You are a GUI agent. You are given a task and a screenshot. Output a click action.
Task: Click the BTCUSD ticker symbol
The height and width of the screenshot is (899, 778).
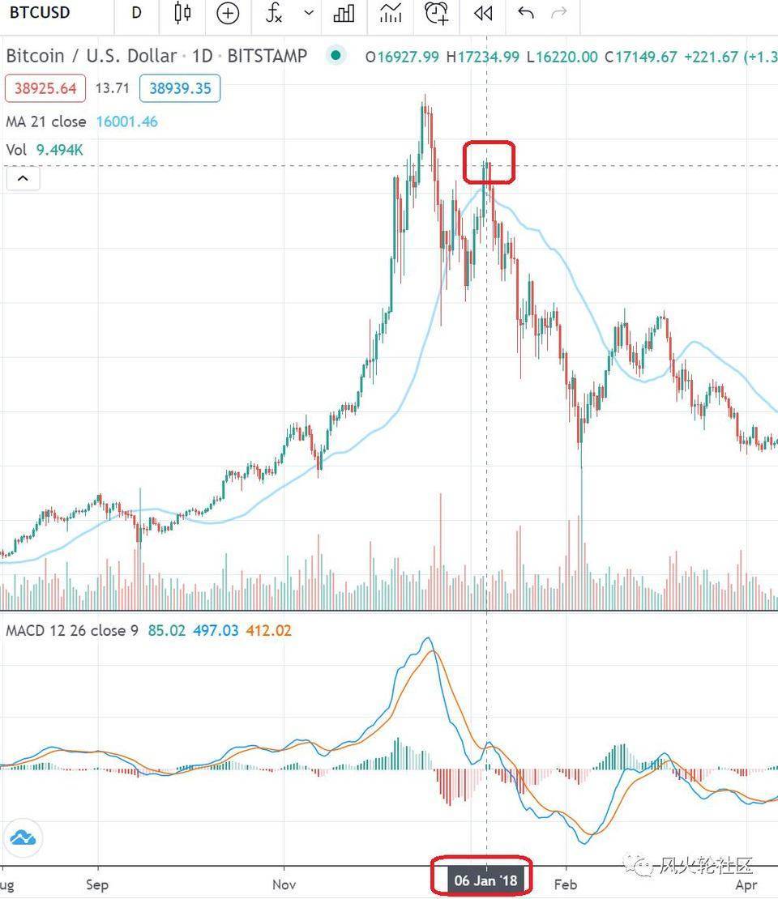40,13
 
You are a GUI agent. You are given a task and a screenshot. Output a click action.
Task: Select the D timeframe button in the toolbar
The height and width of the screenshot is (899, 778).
136,13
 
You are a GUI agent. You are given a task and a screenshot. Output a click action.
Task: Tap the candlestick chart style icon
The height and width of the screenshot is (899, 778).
182,13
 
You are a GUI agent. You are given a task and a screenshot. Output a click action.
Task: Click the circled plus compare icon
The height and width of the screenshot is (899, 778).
228,13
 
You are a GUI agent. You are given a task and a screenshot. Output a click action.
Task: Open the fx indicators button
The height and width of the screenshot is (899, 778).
275,13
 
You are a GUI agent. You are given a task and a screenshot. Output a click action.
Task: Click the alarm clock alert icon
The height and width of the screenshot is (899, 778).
436,13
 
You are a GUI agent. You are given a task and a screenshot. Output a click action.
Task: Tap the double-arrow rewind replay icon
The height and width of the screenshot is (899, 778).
483,13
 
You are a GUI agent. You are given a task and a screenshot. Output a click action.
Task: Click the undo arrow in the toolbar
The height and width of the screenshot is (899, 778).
525,13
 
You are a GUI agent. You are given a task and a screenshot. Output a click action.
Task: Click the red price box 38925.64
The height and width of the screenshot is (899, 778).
45,88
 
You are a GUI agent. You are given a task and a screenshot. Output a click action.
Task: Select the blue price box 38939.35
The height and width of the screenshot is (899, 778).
180,88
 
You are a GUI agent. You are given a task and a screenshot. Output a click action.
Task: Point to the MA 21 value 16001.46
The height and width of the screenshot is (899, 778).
126,122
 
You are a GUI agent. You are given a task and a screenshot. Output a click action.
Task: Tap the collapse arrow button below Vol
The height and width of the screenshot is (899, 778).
23,178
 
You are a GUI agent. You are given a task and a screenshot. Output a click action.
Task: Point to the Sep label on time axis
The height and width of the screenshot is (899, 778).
97,884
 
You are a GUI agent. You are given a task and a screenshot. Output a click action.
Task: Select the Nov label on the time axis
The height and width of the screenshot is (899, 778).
284,884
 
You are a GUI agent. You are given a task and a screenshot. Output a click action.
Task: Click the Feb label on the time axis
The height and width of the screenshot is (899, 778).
565,884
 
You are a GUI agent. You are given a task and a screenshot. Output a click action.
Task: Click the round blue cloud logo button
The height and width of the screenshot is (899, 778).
23,838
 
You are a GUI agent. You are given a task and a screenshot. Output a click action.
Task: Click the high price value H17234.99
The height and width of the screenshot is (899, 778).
486,57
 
